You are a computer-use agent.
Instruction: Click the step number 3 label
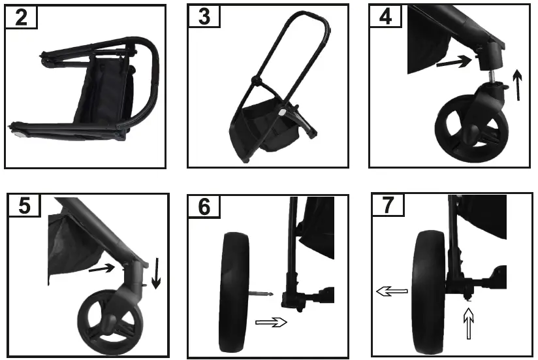[x=204, y=17]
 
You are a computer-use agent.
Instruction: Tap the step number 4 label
[x=386, y=17]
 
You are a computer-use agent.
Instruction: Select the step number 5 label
[x=25, y=206]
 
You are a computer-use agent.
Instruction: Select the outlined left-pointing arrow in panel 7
[x=392, y=291]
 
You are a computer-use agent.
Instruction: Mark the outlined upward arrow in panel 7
[x=467, y=324]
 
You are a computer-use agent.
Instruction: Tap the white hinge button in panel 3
[x=281, y=113]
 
